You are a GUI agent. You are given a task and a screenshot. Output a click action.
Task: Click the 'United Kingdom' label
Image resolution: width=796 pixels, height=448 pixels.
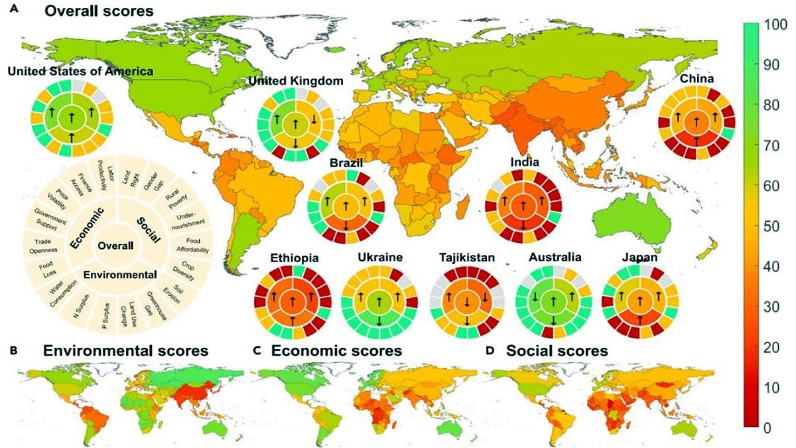[x=296, y=81]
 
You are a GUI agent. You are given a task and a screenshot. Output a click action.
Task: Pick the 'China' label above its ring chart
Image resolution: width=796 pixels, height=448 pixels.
[x=696, y=80]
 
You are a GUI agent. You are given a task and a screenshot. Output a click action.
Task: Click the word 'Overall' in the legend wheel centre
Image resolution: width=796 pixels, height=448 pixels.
[x=115, y=245]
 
